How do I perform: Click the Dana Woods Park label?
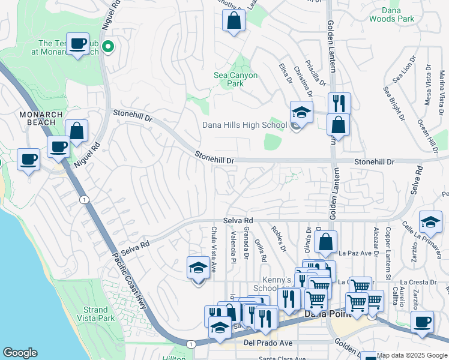[x=398, y=15]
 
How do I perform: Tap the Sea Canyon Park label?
[x=236, y=79]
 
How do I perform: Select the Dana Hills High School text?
[x=243, y=125]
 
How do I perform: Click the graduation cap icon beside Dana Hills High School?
[x=301, y=112]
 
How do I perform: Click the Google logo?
[x=20, y=353]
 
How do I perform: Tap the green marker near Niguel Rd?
[x=108, y=46]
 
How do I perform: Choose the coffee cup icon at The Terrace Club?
[x=77, y=44]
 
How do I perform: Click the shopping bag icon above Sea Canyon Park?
[x=234, y=20]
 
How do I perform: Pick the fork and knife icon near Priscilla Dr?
[x=339, y=103]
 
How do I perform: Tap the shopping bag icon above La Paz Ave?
[x=325, y=242]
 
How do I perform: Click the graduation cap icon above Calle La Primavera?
[x=430, y=223]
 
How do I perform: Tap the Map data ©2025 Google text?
[x=412, y=355]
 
